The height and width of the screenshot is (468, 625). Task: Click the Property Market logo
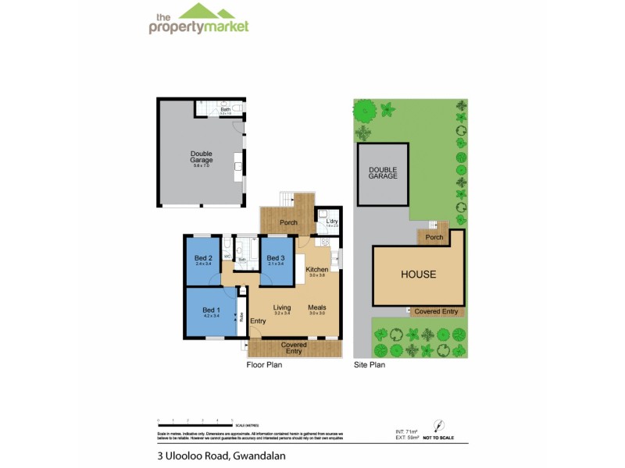198,21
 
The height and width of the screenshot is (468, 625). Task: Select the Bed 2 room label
203,258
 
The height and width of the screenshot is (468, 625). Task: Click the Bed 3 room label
274,258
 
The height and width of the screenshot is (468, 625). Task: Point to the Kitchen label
316,270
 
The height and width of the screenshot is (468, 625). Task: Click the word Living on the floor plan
282,307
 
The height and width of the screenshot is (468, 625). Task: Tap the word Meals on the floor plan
316,307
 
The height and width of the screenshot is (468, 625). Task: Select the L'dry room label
332,221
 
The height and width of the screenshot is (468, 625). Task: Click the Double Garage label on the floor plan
202,157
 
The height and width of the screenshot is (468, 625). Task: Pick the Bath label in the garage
225,110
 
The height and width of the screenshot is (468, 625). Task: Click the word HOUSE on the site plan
418,275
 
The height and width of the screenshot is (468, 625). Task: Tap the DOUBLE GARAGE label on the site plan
384,172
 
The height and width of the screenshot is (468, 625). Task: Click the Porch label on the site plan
434,237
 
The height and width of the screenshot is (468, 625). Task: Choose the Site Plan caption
370,363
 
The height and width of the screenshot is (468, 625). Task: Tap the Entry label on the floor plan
259,321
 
